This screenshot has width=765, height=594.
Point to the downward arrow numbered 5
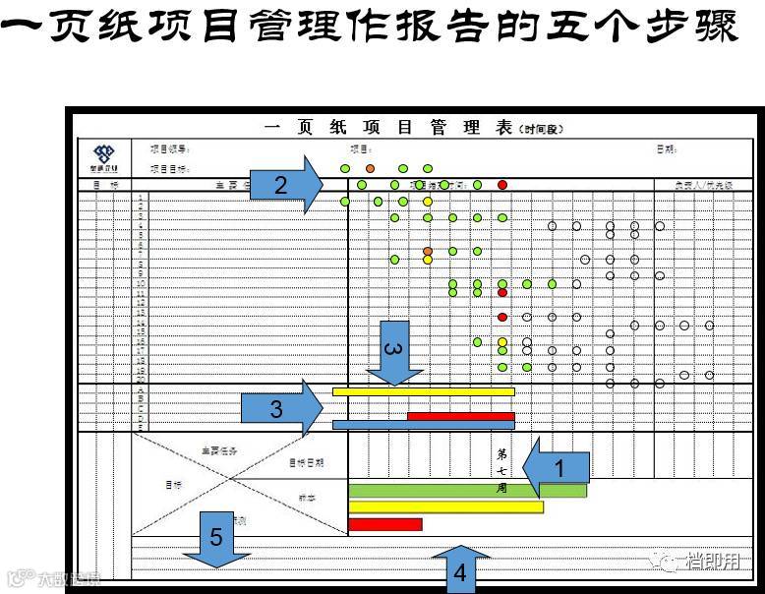[x=216, y=539]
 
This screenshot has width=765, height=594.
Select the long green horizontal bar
[x=467, y=490]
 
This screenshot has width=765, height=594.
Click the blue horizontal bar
[x=424, y=425]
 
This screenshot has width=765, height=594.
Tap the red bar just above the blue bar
[x=460, y=416]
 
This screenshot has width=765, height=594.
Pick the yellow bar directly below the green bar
[x=445, y=507]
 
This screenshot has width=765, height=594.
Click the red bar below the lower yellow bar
[x=384, y=524]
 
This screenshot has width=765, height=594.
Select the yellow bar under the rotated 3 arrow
[x=423, y=391]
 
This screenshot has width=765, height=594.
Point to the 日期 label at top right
[x=667, y=149]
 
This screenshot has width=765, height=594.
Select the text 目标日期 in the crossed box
[x=306, y=461]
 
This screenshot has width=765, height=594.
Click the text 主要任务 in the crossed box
[x=218, y=450]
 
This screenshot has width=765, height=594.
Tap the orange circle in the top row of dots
[x=370, y=168]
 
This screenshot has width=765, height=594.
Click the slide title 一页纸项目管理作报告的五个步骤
[x=382, y=30]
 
